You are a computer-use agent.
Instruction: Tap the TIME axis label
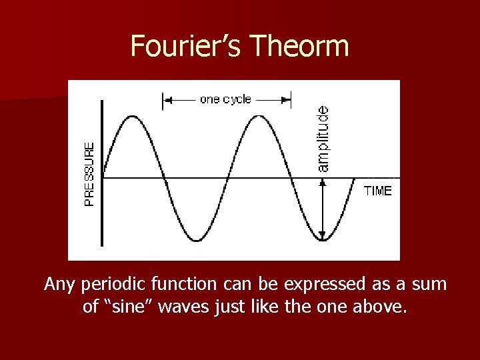click(x=378, y=191)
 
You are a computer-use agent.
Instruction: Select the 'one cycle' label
click(x=226, y=99)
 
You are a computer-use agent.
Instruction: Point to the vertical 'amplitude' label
click(x=323, y=138)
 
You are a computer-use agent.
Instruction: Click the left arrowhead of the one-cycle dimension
click(x=167, y=100)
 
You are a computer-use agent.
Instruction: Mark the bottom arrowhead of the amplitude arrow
click(x=323, y=235)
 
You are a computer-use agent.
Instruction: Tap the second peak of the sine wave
click(x=259, y=115)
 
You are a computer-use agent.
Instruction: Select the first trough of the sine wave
click(x=196, y=240)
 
